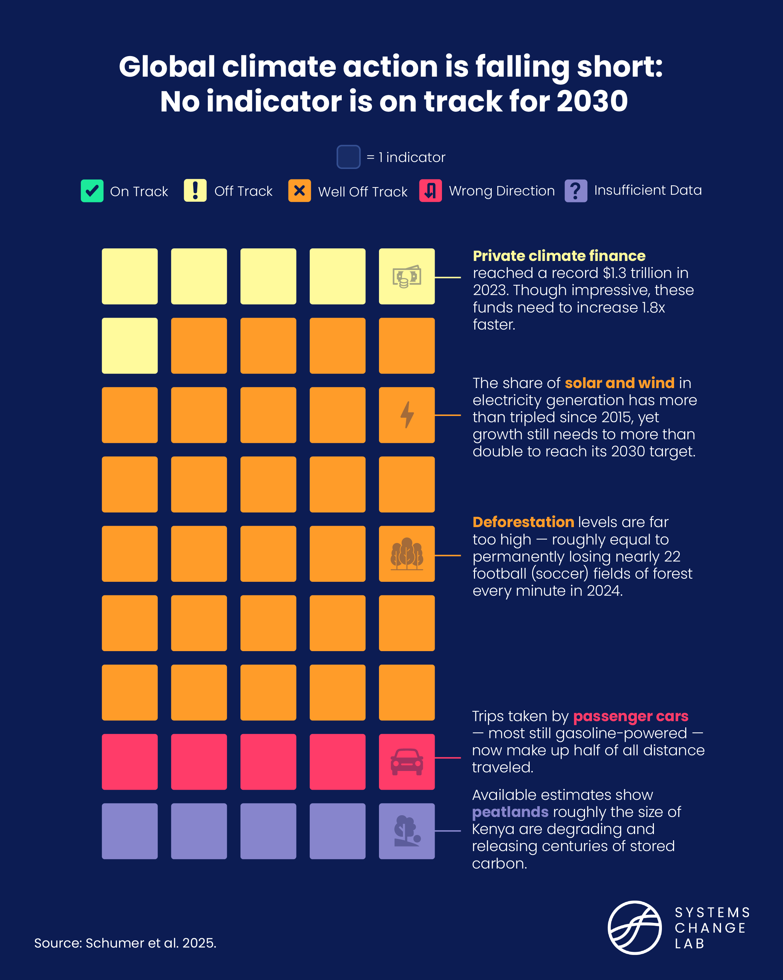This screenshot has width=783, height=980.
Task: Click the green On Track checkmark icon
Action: pos(92,191)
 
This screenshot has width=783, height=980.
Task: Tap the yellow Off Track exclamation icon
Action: pos(195,191)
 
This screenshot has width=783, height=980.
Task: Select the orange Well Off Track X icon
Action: pos(299,191)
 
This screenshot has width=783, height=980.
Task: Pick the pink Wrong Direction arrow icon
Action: pos(430,191)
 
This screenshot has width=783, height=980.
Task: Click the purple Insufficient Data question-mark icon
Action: pos(576,191)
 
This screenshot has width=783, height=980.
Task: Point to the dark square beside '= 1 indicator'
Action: pos(348,157)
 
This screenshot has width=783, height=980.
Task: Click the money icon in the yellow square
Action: pos(406,276)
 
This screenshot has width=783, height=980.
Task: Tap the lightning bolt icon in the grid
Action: pos(407,415)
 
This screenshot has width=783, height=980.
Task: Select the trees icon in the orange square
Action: pos(406,554)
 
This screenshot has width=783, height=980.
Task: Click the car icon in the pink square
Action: pos(406,762)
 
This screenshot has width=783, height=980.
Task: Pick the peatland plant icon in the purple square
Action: pos(406,831)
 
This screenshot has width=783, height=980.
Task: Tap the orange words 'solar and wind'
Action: pos(619,383)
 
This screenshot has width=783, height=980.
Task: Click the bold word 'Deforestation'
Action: pos(523,522)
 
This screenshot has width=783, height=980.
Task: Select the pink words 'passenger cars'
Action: pos(630,716)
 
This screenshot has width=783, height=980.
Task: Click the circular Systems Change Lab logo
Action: pos(634,927)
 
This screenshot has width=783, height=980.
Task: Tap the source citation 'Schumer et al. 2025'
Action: pos(150,943)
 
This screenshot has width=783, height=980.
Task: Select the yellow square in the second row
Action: pos(129,346)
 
